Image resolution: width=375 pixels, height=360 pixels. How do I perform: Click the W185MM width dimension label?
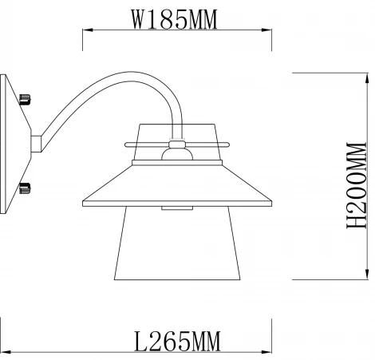click(175, 19)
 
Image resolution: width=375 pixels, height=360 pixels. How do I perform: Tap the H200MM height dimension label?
click(357, 185)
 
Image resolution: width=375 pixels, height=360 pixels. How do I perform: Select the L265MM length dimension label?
click(177, 341)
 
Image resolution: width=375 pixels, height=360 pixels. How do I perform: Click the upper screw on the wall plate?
click(25, 100)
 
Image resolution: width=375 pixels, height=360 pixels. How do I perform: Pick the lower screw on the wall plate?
click(25, 188)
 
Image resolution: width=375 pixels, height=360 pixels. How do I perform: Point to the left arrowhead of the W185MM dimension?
click(88, 30)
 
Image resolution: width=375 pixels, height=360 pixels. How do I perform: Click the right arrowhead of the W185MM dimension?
click(266, 30)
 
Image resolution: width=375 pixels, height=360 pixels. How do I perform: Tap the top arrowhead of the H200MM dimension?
click(367, 78)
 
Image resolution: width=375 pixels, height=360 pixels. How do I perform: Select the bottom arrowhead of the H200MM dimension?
click(367, 275)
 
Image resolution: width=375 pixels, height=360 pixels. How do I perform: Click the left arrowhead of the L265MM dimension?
click(6, 352)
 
